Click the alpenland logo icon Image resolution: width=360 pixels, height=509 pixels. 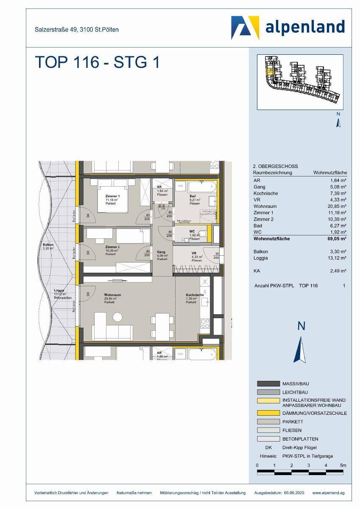(x=245, y=27)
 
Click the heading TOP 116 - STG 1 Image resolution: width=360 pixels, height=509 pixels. (x=97, y=62)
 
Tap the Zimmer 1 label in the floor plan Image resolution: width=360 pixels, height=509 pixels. (x=112, y=196)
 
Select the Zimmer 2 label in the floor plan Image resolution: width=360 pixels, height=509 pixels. (x=112, y=247)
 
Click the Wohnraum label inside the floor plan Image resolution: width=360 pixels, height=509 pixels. (x=113, y=295)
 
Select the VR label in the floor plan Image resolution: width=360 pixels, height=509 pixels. (x=193, y=253)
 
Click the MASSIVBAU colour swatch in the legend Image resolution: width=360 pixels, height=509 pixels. (x=268, y=383)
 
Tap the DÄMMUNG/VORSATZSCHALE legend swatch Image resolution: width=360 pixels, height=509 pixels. (x=268, y=413)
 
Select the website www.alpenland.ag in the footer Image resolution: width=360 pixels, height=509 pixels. (x=328, y=492)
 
